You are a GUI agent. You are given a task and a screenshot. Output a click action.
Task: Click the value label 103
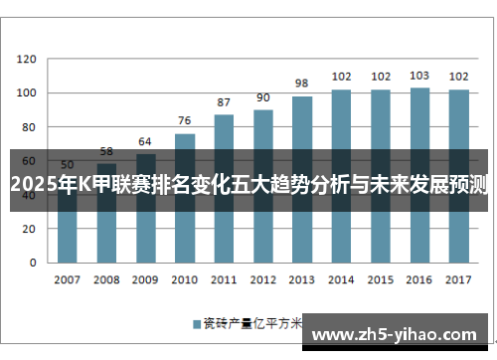[419, 76]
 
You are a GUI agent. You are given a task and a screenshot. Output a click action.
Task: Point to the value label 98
[302, 84]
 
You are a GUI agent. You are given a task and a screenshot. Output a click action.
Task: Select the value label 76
[185, 120]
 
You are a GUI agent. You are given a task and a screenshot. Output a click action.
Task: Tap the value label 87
[224, 102]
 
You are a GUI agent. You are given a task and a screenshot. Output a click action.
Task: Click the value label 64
[145, 141]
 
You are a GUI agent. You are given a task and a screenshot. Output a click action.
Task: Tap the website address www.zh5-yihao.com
[399, 333]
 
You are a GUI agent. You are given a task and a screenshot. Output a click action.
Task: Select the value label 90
[263, 97]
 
